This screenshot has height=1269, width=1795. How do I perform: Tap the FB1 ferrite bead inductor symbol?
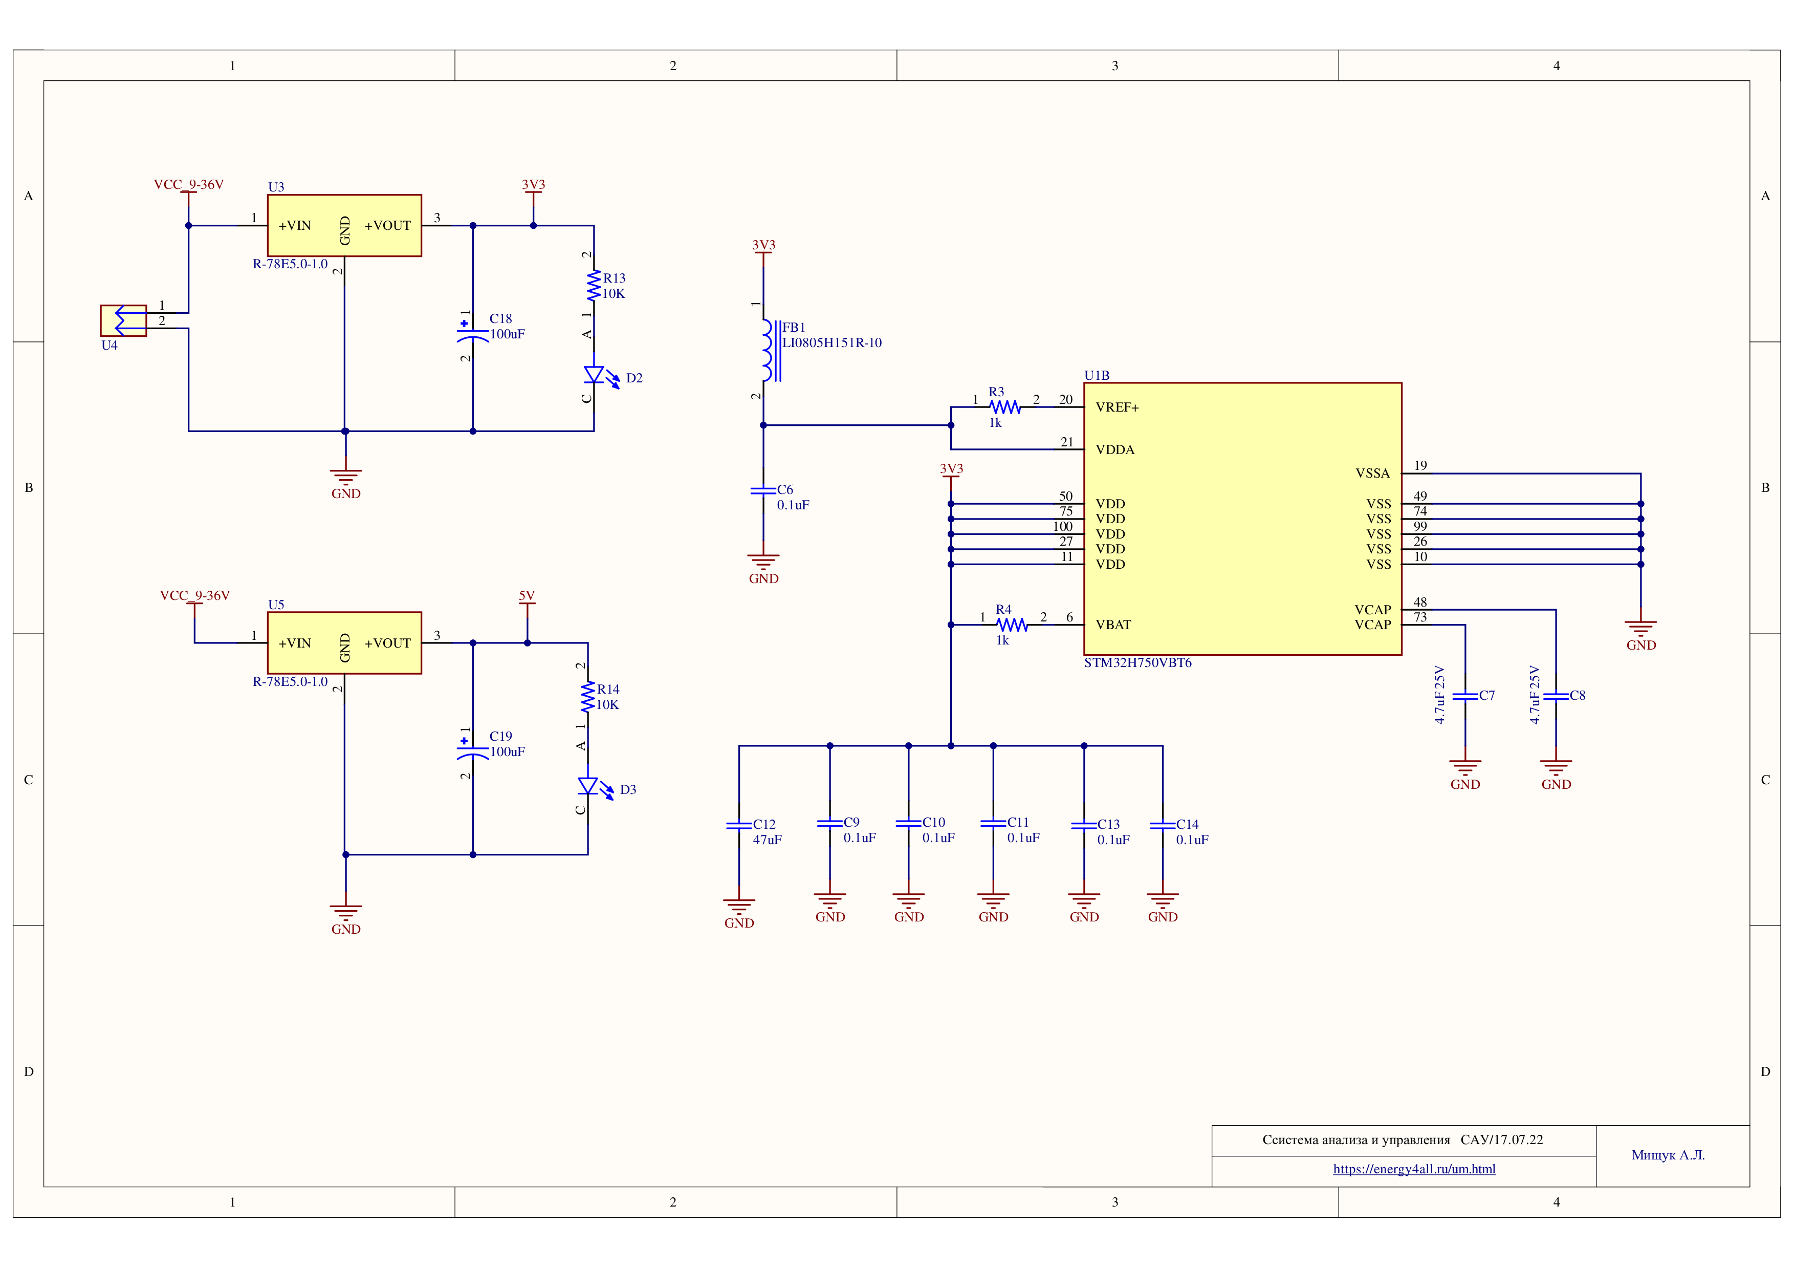[x=770, y=350]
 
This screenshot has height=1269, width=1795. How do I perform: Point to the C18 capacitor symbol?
[x=472, y=333]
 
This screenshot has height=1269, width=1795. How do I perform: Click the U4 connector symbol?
[x=123, y=320]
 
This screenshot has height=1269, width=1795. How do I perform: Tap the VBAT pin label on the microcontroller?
[x=1113, y=625]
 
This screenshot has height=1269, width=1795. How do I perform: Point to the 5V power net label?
[x=527, y=596]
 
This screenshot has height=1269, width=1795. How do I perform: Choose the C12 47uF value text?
[x=767, y=840]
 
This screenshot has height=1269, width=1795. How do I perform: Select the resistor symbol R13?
[x=594, y=286]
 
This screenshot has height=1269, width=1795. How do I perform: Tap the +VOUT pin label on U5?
[x=388, y=643]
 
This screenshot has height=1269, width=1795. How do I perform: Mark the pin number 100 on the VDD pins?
[x=1062, y=526]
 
